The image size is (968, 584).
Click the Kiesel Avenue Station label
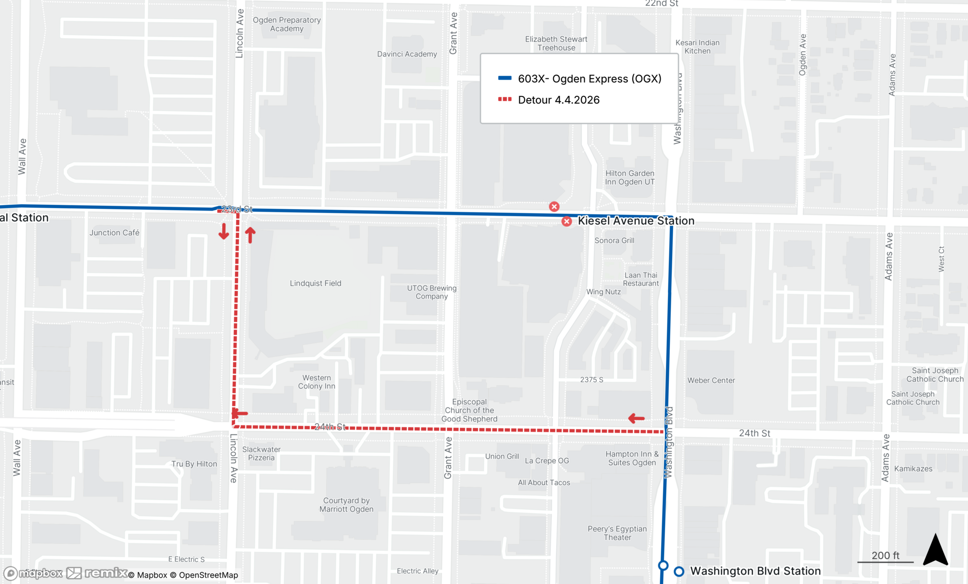click(635, 221)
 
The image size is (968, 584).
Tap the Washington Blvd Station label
click(755, 571)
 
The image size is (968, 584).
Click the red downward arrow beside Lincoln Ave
click(224, 232)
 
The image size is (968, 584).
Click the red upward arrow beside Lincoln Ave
click(250, 235)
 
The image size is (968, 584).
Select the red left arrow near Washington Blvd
click(636, 418)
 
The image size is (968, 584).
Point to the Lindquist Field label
click(315, 283)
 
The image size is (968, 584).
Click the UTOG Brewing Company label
click(431, 292)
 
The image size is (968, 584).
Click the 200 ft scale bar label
click(885, 555)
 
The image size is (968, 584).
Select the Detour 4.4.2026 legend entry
click(559, 100)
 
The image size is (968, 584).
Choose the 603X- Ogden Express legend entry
click(589, 78)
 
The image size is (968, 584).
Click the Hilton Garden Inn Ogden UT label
click(629, 178)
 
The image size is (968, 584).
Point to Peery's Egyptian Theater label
click(617, 533)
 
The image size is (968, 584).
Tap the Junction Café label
click(114, 233)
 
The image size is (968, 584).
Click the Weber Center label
click(711, 380)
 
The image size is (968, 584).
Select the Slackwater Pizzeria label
click(261, 453)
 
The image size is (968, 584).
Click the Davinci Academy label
click(407, 54)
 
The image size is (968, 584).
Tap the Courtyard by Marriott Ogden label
click(346, 505)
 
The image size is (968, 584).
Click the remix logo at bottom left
click(97, 573)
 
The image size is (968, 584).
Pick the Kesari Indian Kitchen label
click(697, 46)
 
